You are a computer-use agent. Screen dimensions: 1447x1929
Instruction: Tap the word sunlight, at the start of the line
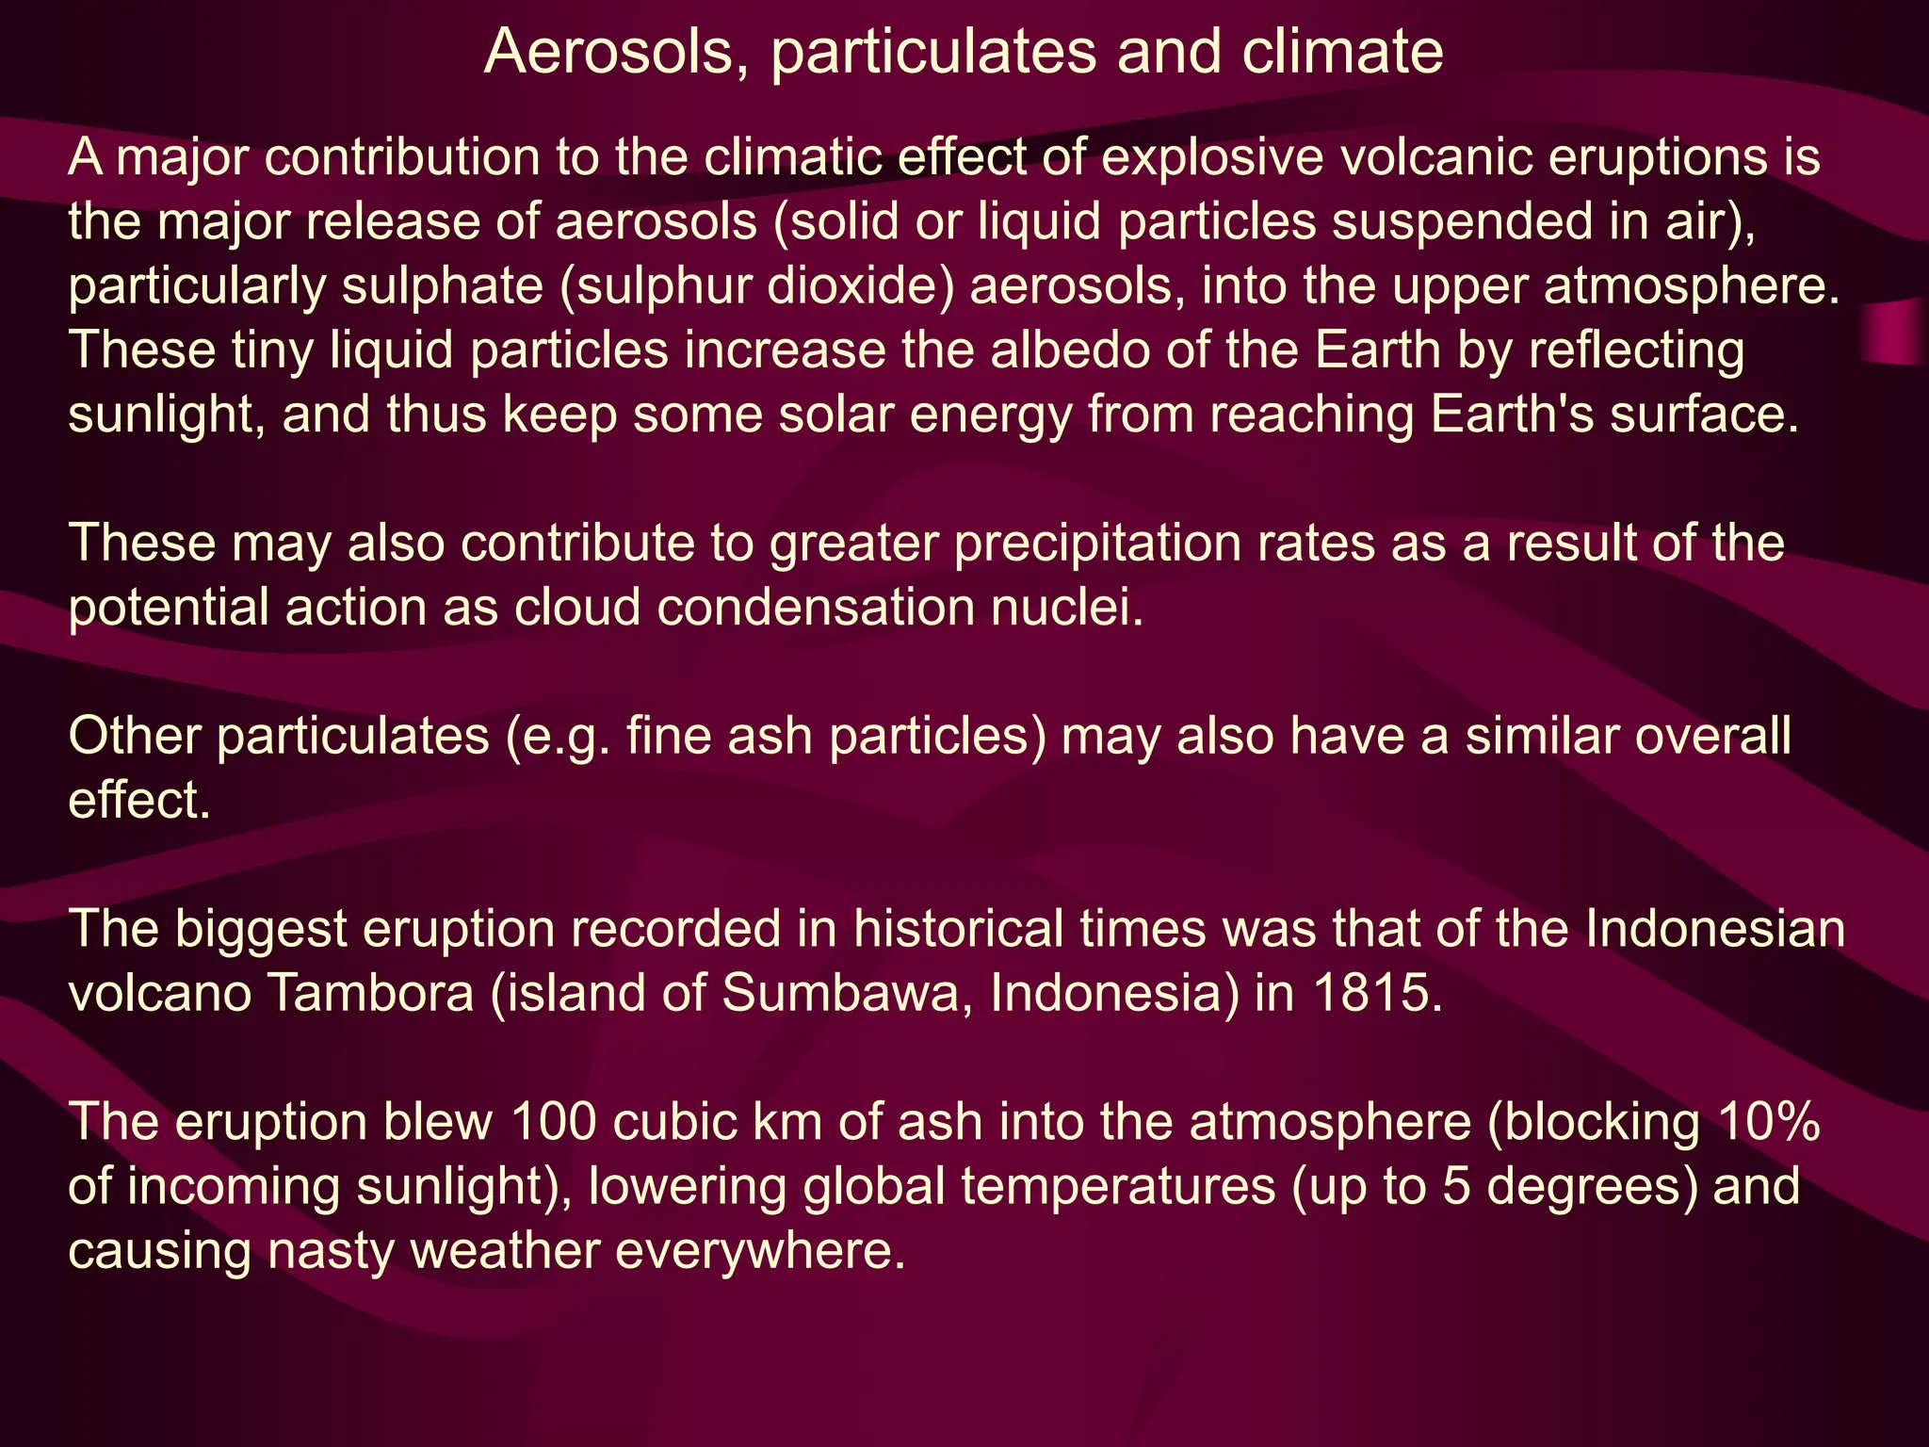coord(167,415)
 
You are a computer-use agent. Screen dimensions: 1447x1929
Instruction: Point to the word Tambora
coord(371,993)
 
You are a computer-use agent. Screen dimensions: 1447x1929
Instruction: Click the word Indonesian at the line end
coord(1714,929)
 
